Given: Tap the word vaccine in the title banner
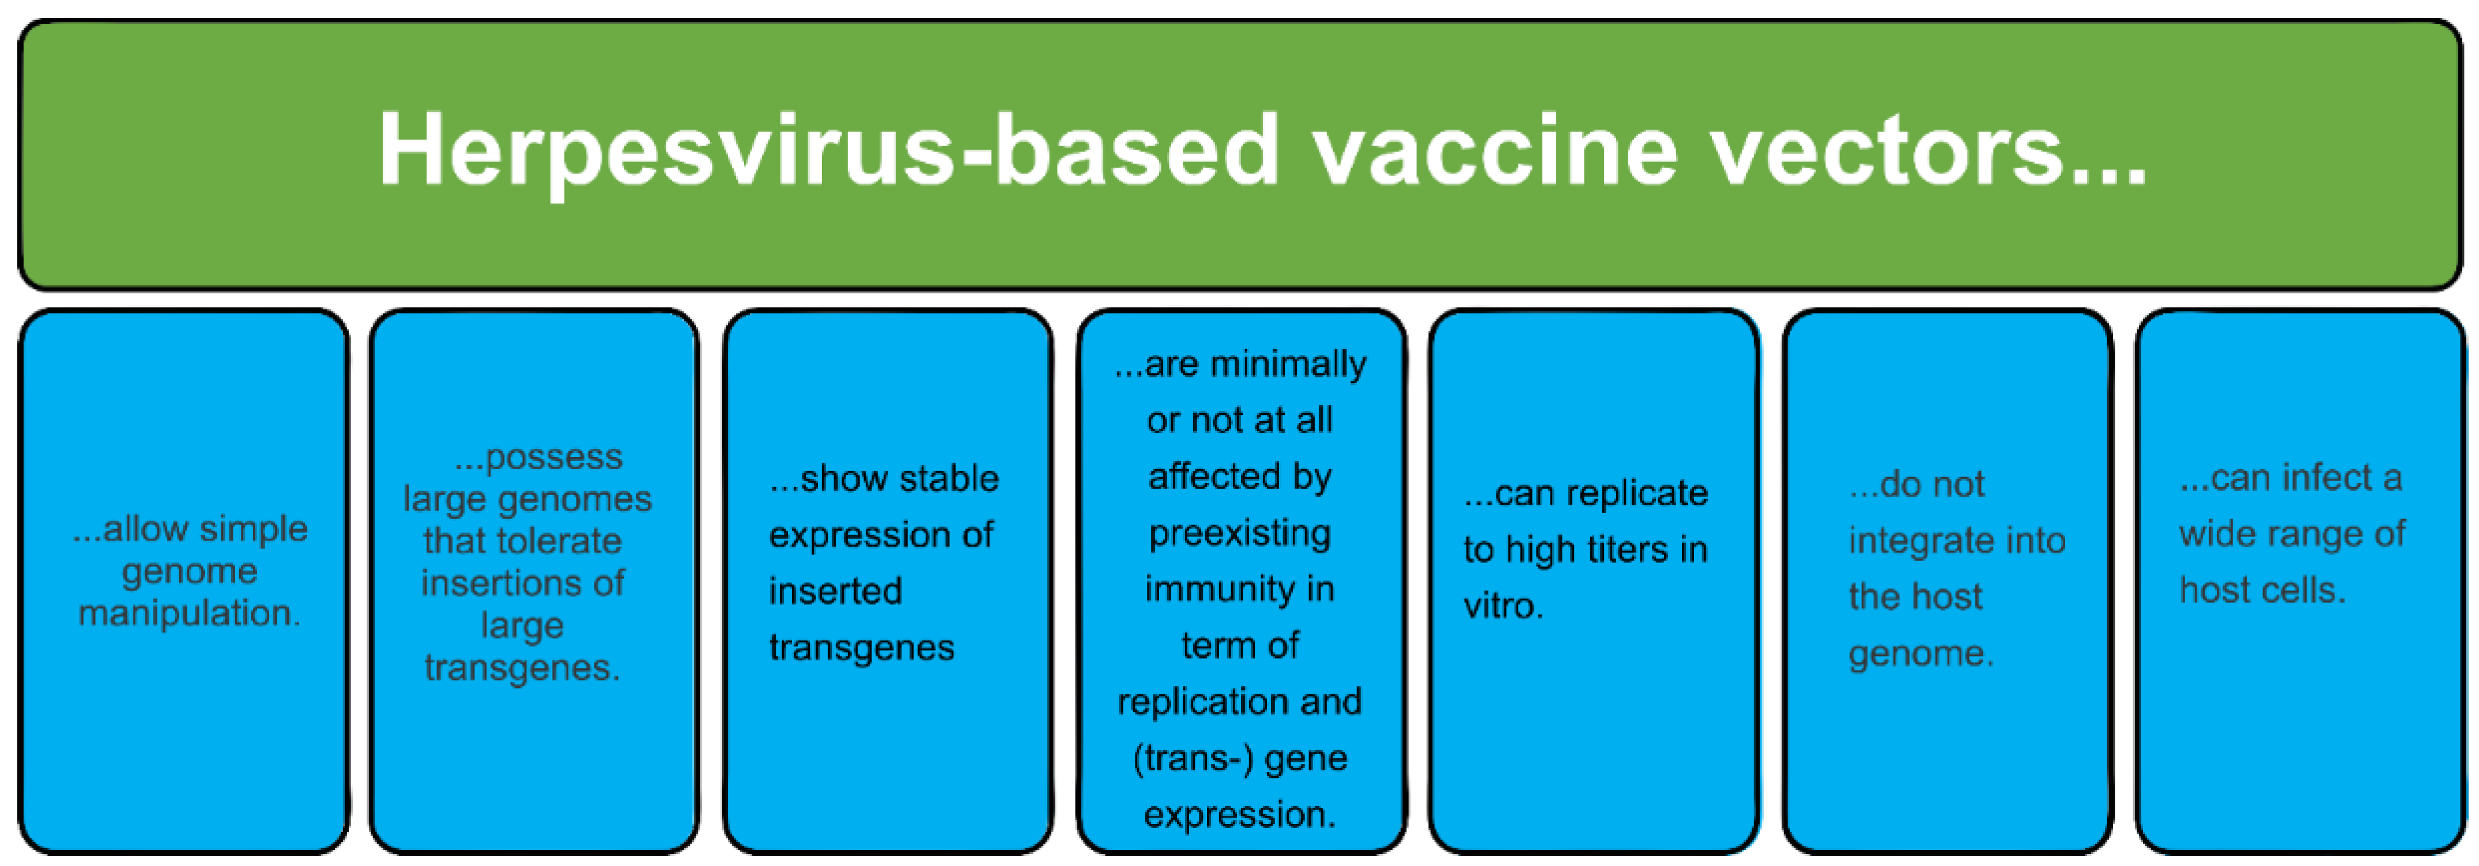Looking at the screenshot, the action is [x=1496, y=150].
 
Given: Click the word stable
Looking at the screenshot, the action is [x=949, y=478].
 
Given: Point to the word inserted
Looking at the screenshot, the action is [x=835, y=591].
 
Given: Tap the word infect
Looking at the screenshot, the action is [x=2314, y=477].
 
